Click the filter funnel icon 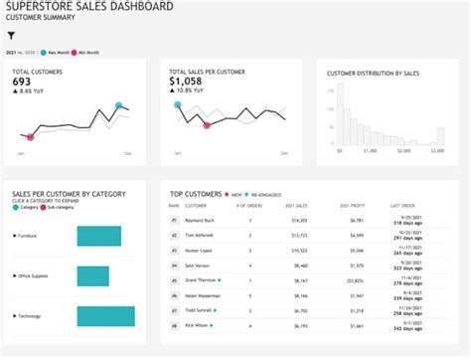click(11, 35)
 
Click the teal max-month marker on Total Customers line click(118, 105)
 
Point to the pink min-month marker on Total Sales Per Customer click(207, 125)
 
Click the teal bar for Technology click(105, 315)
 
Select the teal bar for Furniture click(97, 237)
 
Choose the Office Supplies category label click(34, 275)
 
